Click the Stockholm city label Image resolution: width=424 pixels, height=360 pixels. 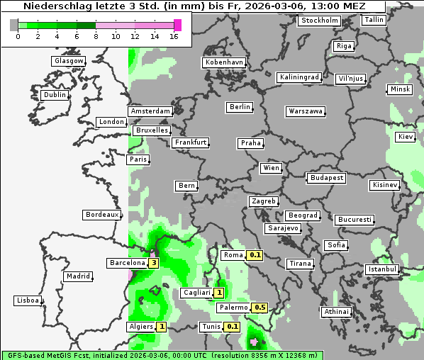tap(318, 20)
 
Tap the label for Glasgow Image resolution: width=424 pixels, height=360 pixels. tap(69, 61)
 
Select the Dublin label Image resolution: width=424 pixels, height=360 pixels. tap(55, 94)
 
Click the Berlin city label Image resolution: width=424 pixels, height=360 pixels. tap(240, 107)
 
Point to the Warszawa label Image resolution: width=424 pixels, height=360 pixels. tap(306, 111)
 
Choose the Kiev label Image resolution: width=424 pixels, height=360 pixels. tap(406, 136)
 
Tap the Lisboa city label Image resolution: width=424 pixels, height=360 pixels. tap(28, 300)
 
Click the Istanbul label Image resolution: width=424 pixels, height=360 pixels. tap(382, 269)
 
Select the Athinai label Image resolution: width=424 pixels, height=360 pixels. tap(336, 312)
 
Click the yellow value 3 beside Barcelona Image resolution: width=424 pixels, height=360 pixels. tap(153, 263)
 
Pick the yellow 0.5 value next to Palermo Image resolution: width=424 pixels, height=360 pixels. tap(260, 308)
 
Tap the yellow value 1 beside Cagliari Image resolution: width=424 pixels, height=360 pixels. tap(219, 293)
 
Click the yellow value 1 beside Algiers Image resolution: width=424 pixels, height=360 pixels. tap(162, 327)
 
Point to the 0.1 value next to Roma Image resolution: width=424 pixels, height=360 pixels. tap(255, 255)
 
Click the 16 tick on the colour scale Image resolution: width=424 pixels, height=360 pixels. tap(174, 36)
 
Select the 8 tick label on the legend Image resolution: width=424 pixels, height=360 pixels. tap(96, 36)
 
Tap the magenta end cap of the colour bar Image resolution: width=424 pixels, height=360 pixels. tap(178, 25)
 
